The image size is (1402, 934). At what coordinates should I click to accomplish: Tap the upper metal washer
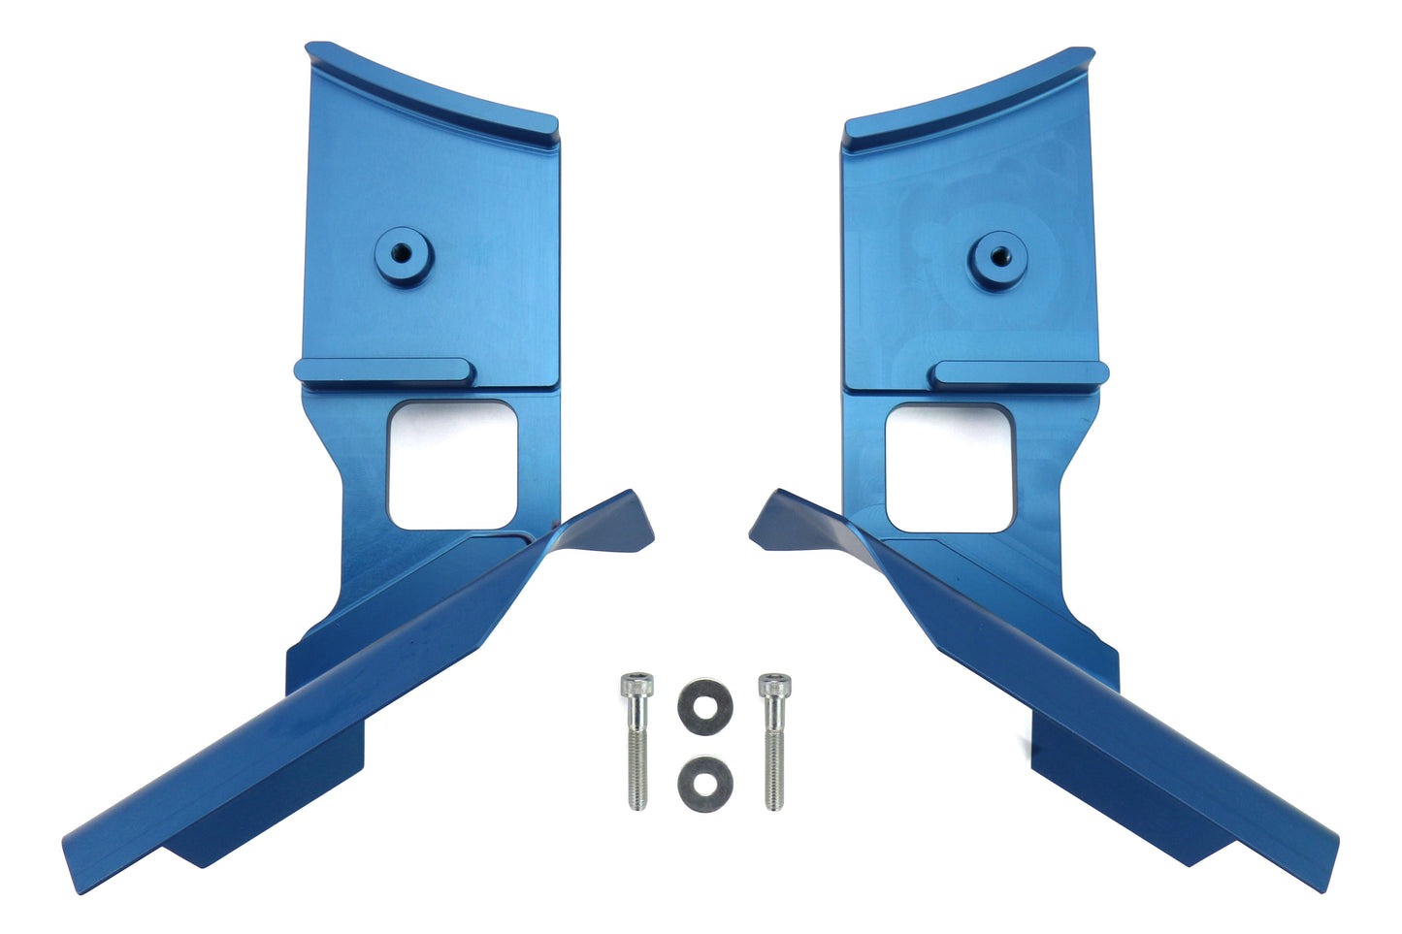pos(705,701)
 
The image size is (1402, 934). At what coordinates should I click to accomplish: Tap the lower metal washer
pos(705,782)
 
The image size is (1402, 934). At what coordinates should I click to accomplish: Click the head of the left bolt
pos(636,686)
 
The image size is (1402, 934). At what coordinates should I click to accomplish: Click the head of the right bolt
pos(771,686)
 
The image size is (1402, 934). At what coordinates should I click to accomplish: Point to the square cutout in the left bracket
pos(451,466)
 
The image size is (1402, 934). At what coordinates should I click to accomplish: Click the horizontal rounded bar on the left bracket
pos(384,371)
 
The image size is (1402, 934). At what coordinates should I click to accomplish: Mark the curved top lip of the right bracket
pos(970,93)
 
